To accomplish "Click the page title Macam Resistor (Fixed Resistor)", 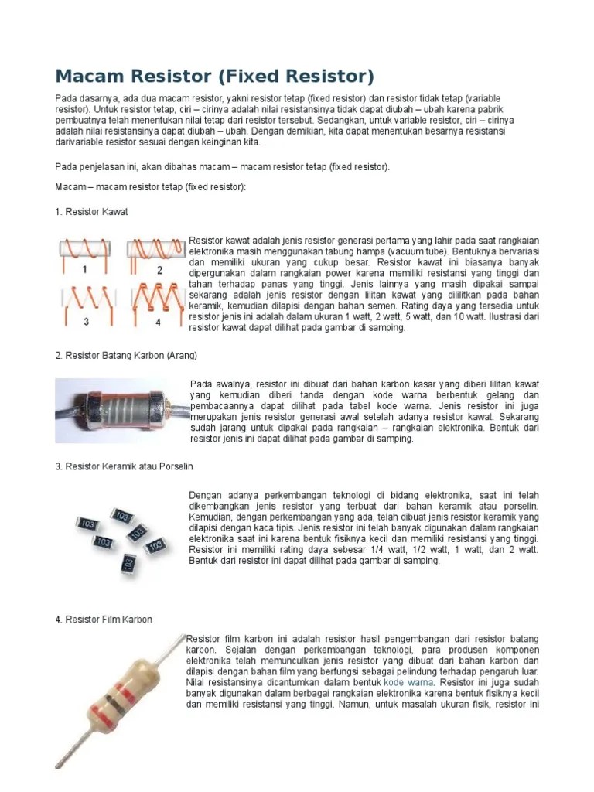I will coord(214,77).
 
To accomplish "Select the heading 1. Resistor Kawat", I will coord(91,211).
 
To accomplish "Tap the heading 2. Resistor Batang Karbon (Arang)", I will coord(126,355).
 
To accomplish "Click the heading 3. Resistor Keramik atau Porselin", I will coord(124,466).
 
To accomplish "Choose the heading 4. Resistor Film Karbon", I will coord(104,620).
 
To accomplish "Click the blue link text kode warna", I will coord(409,683).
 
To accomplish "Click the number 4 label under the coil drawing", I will coord(158,321).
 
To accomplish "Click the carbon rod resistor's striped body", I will coord(125,405).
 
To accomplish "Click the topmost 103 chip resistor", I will coord(121,514).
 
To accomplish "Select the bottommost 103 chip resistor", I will coord(128,562).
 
